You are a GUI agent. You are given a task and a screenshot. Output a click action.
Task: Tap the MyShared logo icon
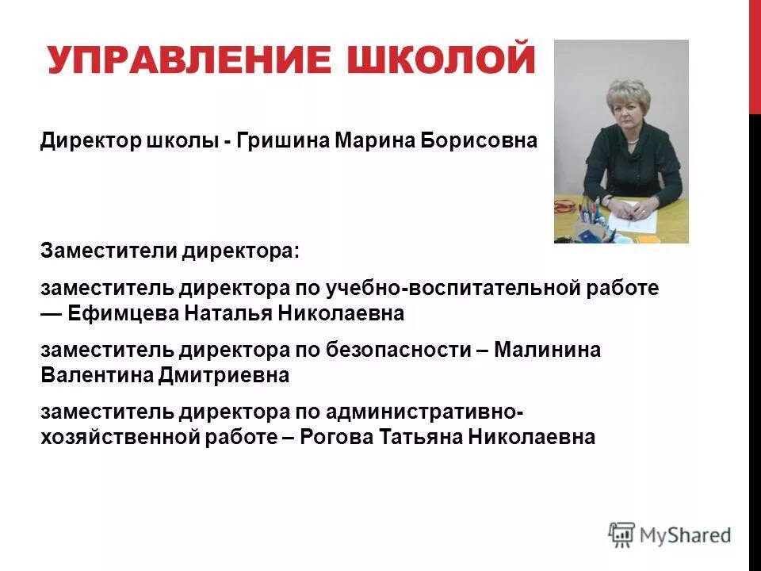tap(621, 535)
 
